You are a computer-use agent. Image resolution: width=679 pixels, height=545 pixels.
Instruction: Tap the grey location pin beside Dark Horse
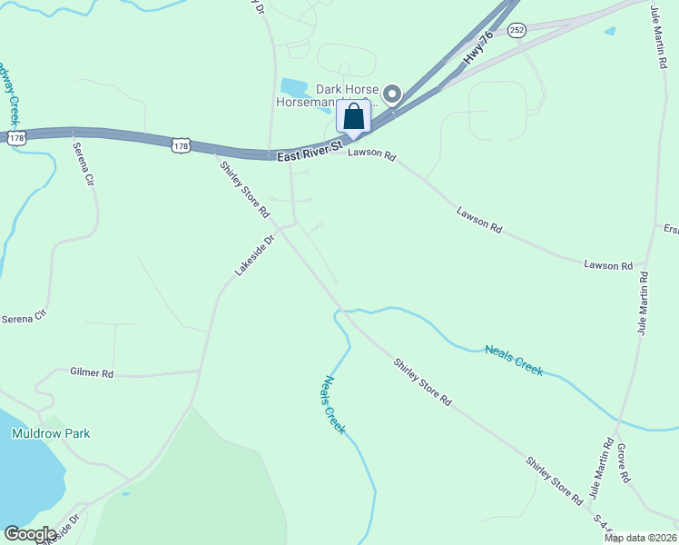coord(392,94)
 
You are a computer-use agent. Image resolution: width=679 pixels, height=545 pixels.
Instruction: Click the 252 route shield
coord(517,30)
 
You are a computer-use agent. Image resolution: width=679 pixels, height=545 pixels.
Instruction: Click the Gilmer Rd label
coord(92,373)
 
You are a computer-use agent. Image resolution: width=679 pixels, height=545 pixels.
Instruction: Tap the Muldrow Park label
coord(51,433)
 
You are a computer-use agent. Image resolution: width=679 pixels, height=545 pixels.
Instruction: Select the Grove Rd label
coord(624,463)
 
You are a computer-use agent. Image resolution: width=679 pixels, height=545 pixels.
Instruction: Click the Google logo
coord(30,534)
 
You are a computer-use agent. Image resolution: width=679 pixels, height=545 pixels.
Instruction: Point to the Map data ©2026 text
coord(639,538)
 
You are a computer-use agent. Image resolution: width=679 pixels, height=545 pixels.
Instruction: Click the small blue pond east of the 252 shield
coord(610,31)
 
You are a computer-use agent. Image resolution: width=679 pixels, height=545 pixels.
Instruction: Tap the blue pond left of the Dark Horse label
coord(294,87)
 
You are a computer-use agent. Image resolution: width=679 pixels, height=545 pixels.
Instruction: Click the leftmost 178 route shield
coord(16,138)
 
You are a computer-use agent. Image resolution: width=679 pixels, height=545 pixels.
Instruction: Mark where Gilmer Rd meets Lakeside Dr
coord(200,371)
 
